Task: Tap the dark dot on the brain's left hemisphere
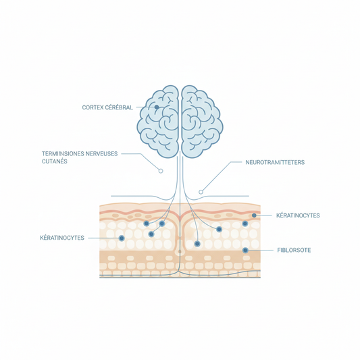[x=157, y=107]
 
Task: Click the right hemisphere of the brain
[x=202, y=121]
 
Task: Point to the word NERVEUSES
[x=101, y=153]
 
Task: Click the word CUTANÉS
[x=55, y=161]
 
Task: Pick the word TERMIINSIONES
[x=63, y=153]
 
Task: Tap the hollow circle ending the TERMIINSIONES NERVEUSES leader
[x=161, y=171]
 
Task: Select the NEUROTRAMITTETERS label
[x=275, y=162]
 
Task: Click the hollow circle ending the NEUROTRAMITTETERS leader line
[x=201, y=192]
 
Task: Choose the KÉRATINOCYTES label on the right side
[x=298, y=215]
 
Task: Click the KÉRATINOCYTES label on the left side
[x=62, y=238]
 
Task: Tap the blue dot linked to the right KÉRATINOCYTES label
[x=254, y=215]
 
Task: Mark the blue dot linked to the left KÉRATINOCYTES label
[x=122, y=238]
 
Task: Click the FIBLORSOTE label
[x=294, y=250]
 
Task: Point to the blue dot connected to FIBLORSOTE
[x=245, y=250]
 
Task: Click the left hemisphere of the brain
[x=158, y=121]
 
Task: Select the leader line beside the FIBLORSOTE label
[x=261, y=250]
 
